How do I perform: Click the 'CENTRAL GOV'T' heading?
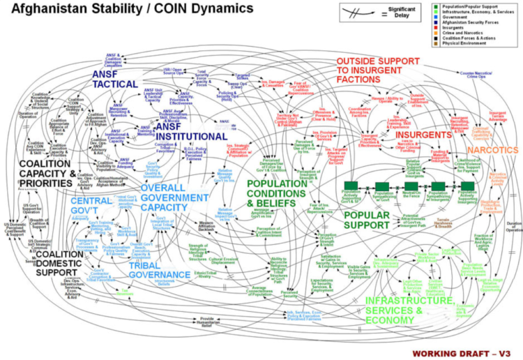90,207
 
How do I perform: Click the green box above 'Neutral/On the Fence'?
411,186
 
